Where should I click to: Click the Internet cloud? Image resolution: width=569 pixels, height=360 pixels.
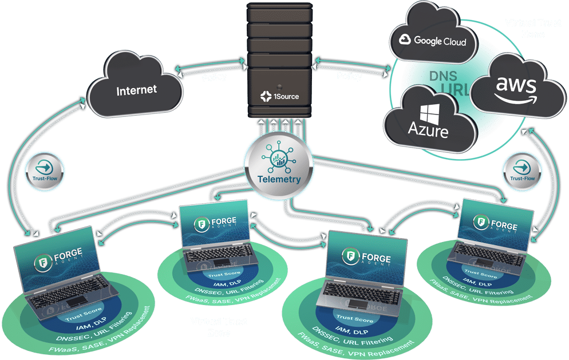tap(136, 91)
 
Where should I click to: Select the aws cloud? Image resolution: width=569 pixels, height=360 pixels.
tap(516, 89)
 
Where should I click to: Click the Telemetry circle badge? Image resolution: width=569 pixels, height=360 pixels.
tap(280, 165)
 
